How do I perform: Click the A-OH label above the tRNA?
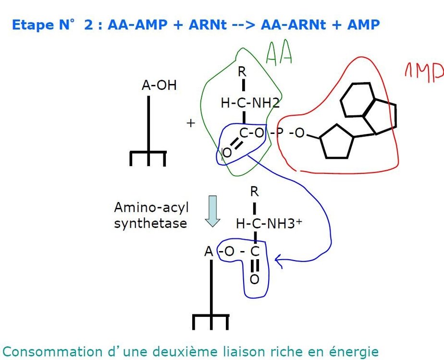[159, 85]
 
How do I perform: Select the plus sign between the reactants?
[191, 123]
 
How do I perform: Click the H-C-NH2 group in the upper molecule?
[250, 103]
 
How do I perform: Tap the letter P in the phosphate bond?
[280, 132]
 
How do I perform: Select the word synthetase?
[150, 223]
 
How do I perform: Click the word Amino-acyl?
[151, 208]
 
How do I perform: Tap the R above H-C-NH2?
[242, 72]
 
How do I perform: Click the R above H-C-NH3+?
[255, 192]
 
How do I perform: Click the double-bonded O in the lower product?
[254, 279]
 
